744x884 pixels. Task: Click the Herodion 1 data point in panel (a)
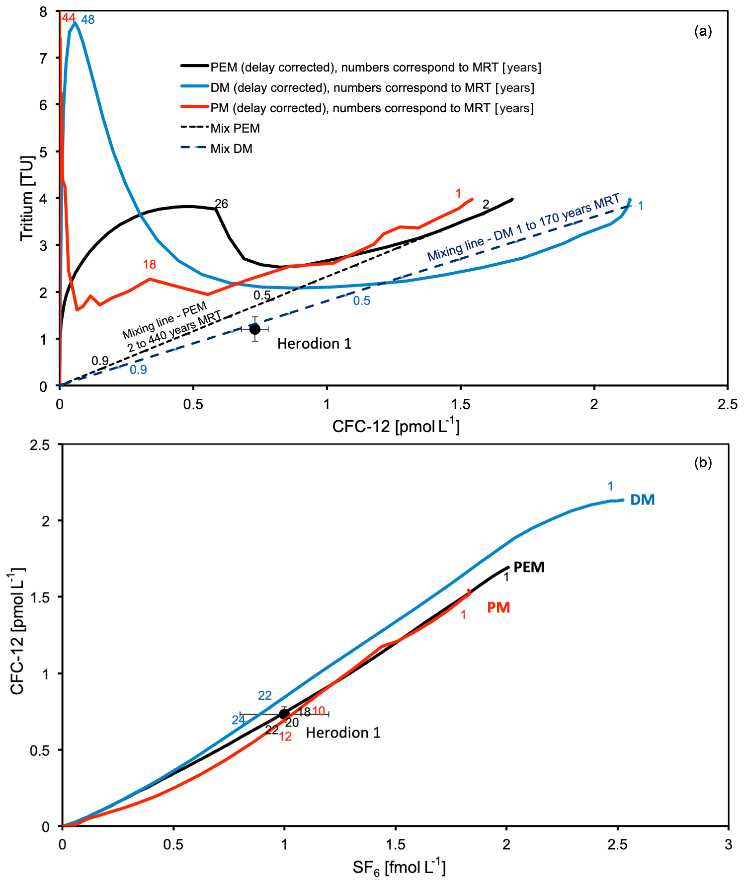point(255,329)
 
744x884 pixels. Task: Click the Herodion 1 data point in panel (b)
point(284,714)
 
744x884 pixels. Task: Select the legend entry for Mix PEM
point(235,128)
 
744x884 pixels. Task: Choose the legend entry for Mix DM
point(231,148)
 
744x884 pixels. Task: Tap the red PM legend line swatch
point(194,108)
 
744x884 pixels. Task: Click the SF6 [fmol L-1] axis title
point(399,867)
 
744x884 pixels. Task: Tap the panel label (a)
point(703,31)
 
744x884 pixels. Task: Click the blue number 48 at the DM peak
point(88,20)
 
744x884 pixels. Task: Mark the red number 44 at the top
point(69,18)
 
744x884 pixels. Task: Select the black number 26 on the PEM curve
point(221,204)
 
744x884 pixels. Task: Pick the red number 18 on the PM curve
point(150,264)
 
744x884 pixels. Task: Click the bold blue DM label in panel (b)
point(642,500)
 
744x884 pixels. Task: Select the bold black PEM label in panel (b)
point(529,567)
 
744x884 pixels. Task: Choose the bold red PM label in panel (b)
point(498,607)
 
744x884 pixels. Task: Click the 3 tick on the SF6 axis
point(728,844)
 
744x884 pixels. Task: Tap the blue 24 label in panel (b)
point(238,720)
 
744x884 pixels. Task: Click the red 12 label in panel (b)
point(285,737)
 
